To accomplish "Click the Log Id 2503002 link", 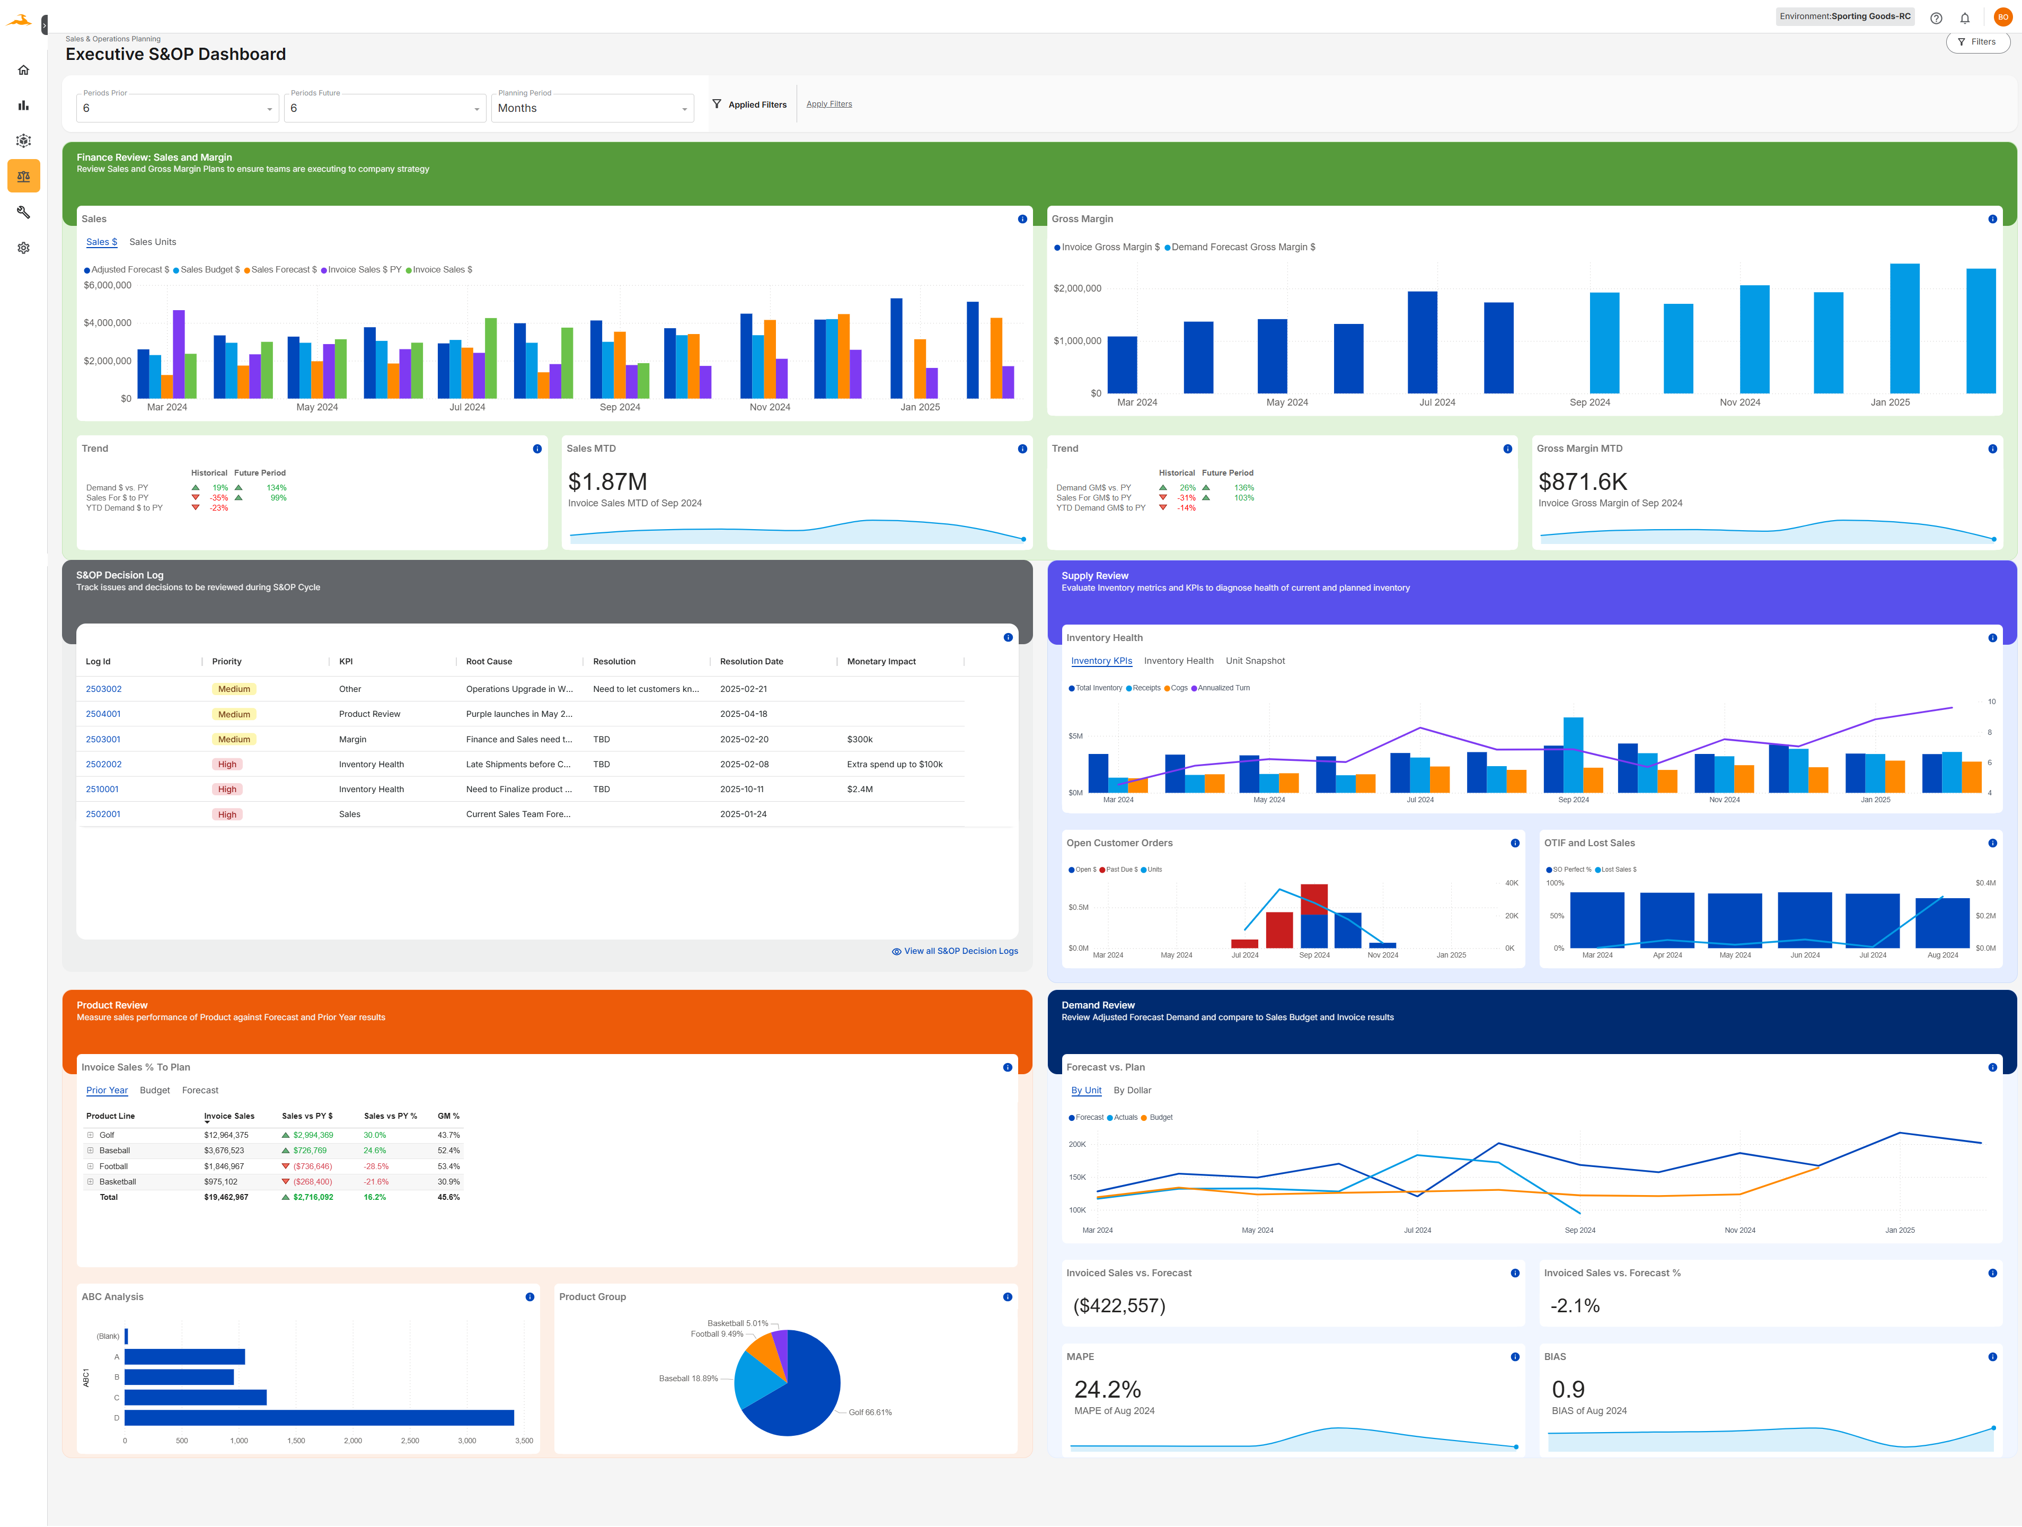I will [103, 689].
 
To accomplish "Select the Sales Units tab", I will [153, 242].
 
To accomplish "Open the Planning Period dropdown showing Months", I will [591, 108].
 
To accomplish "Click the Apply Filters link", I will [828, 104].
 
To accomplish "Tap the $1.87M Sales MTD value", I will [607, 482].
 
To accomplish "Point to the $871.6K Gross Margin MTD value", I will [1582, 482].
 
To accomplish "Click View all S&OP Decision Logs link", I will [960, 952].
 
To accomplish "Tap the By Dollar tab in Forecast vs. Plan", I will [1132, 1091].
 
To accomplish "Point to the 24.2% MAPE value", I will [1107, 1390].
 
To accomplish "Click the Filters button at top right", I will [1977, 42].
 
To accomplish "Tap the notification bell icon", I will [1964, 18].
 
